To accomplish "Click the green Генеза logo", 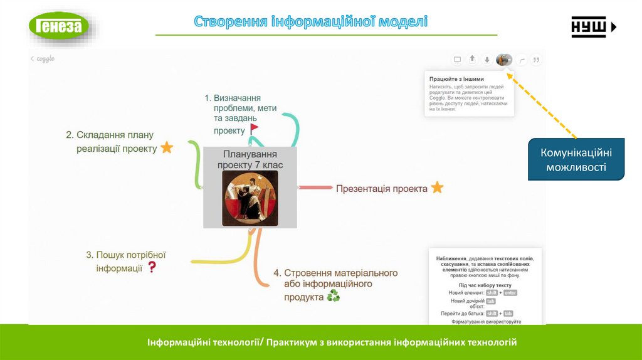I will (59, 26).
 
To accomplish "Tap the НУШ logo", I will (593, 27).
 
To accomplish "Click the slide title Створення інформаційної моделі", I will (310, 22).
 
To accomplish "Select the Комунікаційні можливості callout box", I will (576, 159).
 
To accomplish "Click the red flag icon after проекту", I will (254, 129).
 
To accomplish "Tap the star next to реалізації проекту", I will (167, 148).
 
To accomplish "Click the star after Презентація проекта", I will (437, 188).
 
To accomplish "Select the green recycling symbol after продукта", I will (333, 296).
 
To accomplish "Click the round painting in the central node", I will (250, 198).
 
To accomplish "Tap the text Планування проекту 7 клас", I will (250, 159).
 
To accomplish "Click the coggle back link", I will (42, 58).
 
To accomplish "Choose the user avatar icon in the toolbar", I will (503, 60).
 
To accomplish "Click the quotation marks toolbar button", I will (536, 60).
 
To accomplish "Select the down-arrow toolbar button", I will (487, 60).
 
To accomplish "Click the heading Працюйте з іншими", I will (456, 79).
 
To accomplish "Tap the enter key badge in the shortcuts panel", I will (510, 293).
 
